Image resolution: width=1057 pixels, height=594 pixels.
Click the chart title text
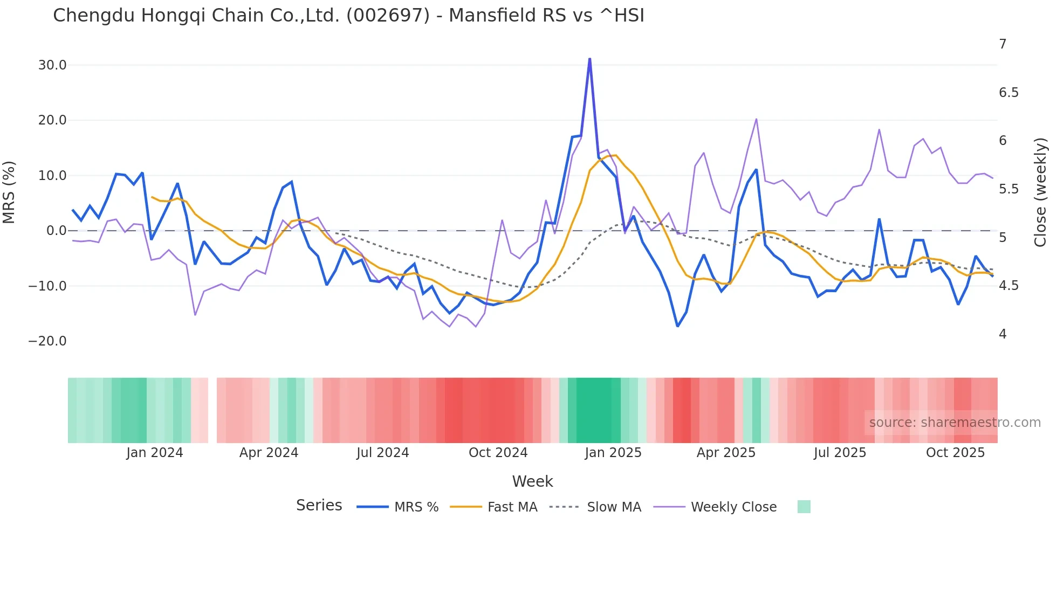coord(348,16)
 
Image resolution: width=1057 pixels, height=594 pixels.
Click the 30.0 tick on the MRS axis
coord(52,65)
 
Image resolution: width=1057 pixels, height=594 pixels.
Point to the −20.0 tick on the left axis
coord(47,341)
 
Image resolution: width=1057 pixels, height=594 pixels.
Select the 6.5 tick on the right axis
coord(1008,93)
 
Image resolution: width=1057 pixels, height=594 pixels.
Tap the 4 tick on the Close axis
coord(1003,334)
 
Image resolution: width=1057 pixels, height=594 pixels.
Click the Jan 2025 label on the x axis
coord(613,453)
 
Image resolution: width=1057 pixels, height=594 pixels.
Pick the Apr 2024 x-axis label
coord(269,453)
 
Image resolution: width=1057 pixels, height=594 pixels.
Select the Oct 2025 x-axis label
coord(955,453)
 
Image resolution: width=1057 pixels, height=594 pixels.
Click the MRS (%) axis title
coord(9,192)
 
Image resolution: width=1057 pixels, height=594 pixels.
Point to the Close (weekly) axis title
coord(1040,192)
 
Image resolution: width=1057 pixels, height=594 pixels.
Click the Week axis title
coord(532,481)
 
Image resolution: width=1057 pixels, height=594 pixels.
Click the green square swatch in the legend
coord(804,507)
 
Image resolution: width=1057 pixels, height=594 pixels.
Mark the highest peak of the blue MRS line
coord(589,59)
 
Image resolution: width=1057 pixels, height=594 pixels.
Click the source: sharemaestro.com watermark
coord(955,423)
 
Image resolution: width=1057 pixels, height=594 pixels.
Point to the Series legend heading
coord(319,506)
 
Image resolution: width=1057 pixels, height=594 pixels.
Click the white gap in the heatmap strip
coord(212,410)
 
